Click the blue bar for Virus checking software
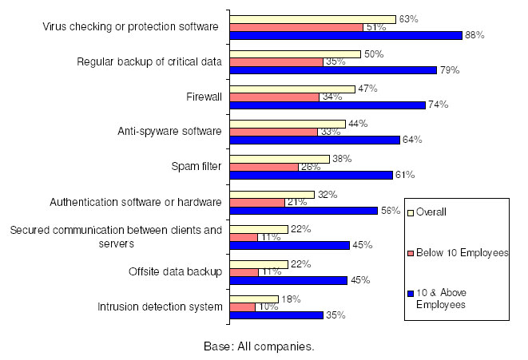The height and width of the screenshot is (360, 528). pos(346,35)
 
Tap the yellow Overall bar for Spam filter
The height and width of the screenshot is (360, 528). pos(280,158)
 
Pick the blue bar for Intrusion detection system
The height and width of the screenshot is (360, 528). pos(276,315)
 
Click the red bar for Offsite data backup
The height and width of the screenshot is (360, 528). pos(244,272)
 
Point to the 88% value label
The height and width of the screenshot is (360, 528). pos(475,35)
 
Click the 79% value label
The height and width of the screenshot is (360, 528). pos(449,70)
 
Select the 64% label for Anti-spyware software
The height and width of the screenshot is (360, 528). pos(412,140)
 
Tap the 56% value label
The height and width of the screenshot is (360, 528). pos(390,211)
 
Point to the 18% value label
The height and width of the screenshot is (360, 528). pos(291,299)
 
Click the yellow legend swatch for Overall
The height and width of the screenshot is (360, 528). pos(411,212)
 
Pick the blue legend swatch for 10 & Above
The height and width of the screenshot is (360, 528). pos(411,295)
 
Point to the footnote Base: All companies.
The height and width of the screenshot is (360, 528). pos(257,347)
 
